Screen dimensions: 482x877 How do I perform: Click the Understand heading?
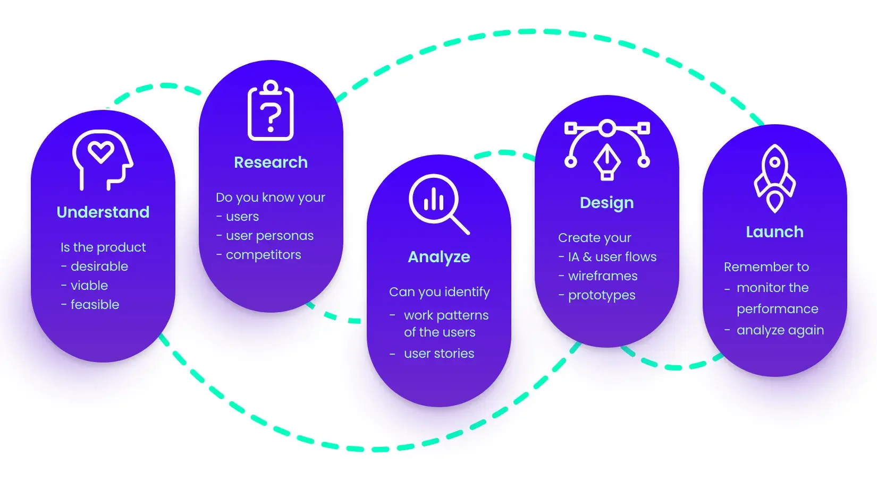[103, 212]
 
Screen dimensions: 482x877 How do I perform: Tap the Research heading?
[271, 162]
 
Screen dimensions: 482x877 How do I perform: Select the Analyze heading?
[439, 257]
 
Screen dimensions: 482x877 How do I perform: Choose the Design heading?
[606, 203]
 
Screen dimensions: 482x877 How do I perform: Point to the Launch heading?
[774, 232]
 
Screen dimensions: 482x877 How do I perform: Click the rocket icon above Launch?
[774, 178]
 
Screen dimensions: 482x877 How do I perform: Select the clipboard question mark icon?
[271, 111]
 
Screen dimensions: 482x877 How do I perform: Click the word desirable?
[99, 266]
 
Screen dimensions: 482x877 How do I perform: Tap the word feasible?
[95, 305]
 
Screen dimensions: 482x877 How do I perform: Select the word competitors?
[263, 255]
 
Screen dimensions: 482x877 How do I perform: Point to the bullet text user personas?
[269, 236]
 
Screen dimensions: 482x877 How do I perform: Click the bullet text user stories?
[439, 354]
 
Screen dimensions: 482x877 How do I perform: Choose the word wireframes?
[603, 276]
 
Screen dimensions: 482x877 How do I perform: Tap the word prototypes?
[602, 295]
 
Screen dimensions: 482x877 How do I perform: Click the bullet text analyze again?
[780, 330]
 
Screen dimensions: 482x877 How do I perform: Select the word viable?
[89, 286]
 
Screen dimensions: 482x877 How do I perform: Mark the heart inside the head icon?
[101, 152]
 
